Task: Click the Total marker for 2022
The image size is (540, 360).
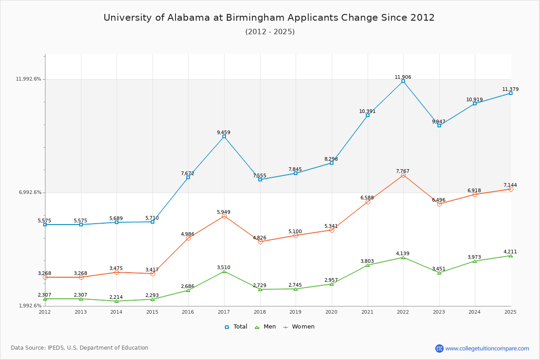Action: click(x=403, y=81)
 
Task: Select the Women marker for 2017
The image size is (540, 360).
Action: click(x=224, y=216)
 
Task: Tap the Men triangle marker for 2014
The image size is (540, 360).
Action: click(x=117, y=301)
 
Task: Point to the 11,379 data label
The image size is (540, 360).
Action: click(x=510, y=89)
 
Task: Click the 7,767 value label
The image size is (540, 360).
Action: click(x=403, y=171)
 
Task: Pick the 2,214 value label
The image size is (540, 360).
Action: click(x=116, y=297)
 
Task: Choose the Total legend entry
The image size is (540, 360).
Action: click(x=236, y=327)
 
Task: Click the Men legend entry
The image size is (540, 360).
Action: click(x=265, y=327)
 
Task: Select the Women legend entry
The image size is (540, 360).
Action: click(x=299, y=327)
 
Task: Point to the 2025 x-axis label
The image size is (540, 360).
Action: click(x=510, y=312)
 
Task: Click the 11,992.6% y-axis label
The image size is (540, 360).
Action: click(x=28, y=79)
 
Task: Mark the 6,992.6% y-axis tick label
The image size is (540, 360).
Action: click(x=30, y=193)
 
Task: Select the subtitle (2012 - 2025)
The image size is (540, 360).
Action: click(x=270, y=32)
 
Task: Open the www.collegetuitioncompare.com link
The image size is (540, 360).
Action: click(x=487, y=348)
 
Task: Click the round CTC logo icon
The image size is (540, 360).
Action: click(x=439, y=348)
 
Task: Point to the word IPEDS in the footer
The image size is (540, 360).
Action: click(x=56, y=348)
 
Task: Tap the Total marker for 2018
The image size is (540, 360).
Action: click(x=260, y=180)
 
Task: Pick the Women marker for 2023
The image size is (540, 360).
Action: click(x=439, y=204)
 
